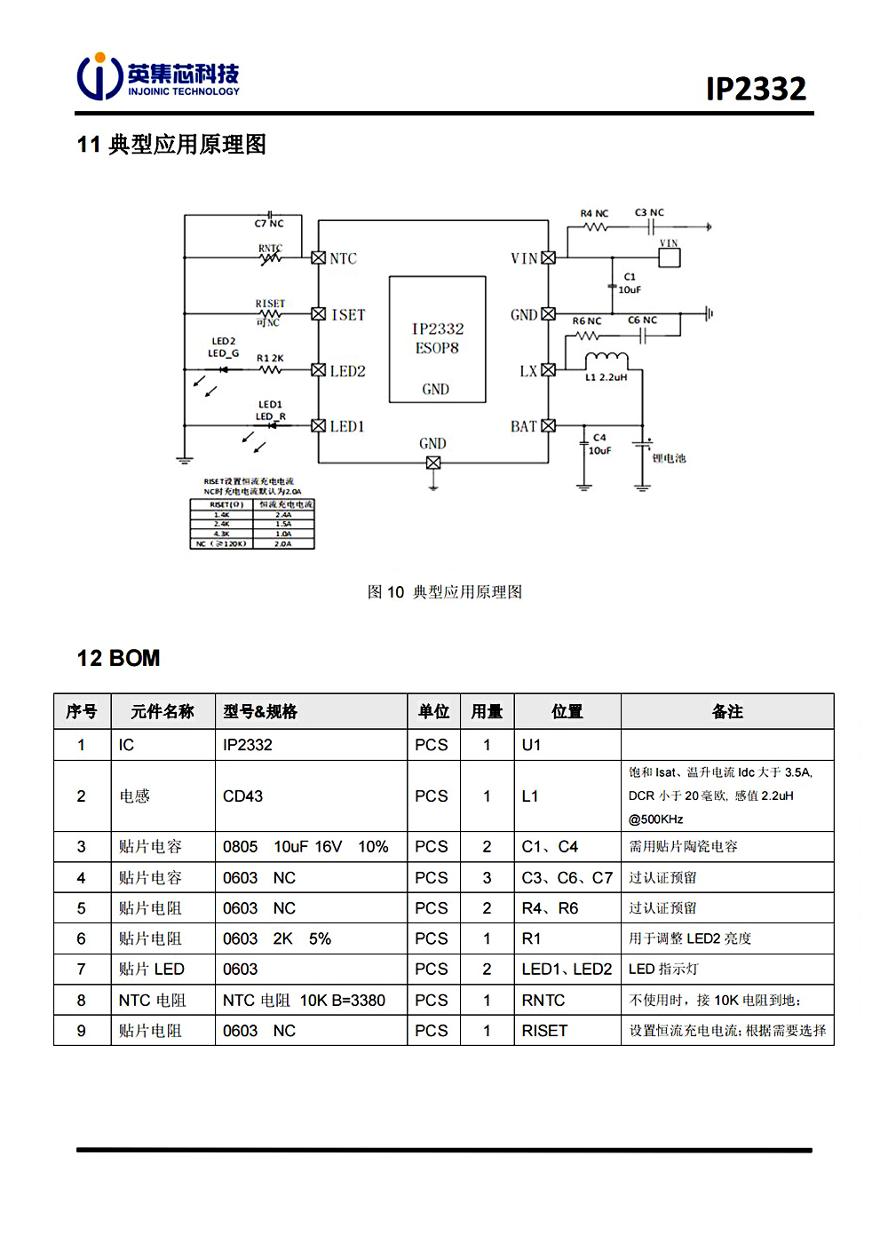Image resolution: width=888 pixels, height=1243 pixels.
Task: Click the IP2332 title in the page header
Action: pyautogui.click(x=756, y=89)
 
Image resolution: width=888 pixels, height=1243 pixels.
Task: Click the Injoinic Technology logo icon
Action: pyautogui.click(x=99, y=76)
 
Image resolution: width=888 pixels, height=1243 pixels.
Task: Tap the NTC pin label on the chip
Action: pyautogui.click(x=344, y=258)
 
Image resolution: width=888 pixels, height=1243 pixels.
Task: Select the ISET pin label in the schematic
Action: pyautogui.click(x=348, y=314)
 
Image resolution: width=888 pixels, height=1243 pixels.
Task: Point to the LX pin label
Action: pyautogui.click(x=528, y=371)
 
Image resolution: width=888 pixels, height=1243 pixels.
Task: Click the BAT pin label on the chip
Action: pyautogui.click(x=524, y=427)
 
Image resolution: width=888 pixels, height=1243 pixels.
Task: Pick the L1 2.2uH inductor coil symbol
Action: pyautogui.click(x=606, y=359)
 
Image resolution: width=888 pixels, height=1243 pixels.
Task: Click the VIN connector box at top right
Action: pyautogui.click(x=669, y=257)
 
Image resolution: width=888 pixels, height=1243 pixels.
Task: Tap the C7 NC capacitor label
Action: pyautogui.click(x=269, y=224)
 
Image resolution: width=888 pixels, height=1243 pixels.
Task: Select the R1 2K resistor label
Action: pyautogui.click(x=270, y=359)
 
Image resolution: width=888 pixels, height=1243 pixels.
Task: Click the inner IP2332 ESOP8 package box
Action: pyautogui.click(x=437, y=339)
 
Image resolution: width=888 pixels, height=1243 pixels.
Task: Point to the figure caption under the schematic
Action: pyautogui.click(x=444, y=592)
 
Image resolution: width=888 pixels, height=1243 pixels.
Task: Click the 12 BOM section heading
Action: pyautogui.click(x=119, y=658)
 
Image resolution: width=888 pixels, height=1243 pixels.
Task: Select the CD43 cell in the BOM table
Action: pyautogui.click(x=243, y=796)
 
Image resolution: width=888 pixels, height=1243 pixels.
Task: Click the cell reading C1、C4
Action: pyautogui.click(x=550, y=847)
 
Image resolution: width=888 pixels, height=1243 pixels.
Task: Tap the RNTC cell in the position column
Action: pyautogui.click(x=543, y=1001)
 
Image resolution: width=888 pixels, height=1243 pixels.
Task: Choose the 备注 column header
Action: pyautogui.click(x=727, y=711)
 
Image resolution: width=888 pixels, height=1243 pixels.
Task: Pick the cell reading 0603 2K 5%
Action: pyautogui.click(x=277, y=938)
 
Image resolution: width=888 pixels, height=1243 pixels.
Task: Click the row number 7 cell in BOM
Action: pyautogui.click(x=82, y=970)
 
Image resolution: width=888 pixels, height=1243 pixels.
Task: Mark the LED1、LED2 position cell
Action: pyautogui.click(x=567, y=970)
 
